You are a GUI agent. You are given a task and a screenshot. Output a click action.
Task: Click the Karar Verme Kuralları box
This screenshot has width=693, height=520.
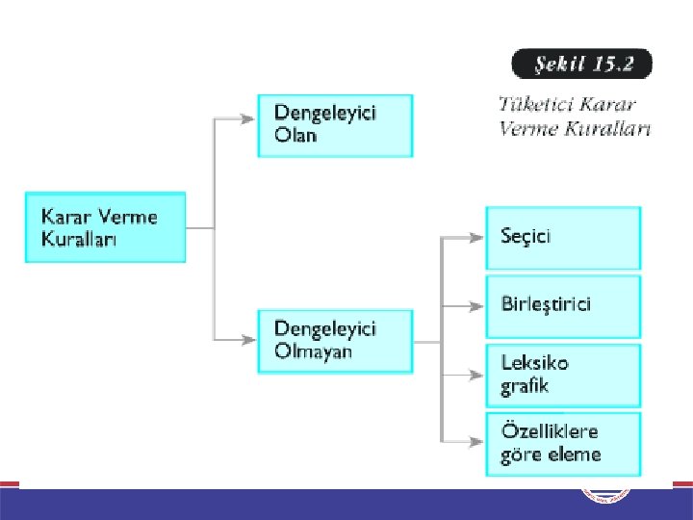105,227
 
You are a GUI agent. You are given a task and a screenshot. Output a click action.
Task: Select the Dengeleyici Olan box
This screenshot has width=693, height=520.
335,125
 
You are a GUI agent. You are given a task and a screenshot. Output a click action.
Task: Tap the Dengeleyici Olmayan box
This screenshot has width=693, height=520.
335,340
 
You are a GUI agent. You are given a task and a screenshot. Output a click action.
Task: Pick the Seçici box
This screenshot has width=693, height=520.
562,237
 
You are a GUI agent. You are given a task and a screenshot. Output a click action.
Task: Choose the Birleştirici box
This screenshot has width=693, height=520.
562,306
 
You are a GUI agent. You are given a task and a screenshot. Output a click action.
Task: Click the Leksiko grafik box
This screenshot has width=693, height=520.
562,375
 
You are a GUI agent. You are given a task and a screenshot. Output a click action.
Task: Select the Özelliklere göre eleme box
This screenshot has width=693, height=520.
562,444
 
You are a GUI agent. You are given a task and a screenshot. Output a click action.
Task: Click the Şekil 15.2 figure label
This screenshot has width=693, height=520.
580,65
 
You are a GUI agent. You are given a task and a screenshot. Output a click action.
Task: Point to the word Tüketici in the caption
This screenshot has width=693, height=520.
532,105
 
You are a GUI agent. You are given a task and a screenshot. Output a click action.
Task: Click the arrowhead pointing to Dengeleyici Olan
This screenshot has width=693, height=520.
248,119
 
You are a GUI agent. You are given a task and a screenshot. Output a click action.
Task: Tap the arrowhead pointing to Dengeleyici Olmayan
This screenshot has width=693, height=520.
248,340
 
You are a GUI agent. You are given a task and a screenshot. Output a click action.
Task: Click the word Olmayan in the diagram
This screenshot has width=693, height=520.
313,351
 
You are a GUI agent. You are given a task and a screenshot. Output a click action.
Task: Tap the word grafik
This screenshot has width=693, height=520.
525,386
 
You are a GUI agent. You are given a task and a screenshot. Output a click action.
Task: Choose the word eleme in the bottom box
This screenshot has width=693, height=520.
577,455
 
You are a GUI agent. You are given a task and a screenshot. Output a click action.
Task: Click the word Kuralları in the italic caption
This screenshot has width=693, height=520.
609,128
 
